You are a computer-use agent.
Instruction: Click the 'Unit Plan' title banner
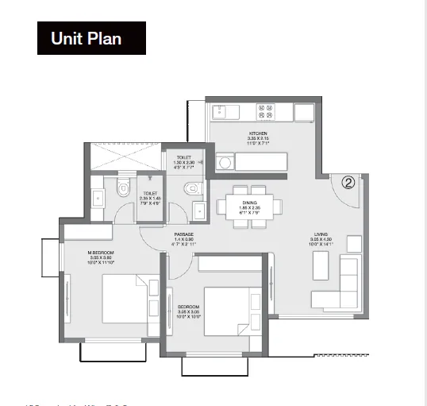coord(91,38)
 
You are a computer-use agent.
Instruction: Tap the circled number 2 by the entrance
coord(348,182)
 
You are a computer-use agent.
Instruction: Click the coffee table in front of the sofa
coord(321,268)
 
